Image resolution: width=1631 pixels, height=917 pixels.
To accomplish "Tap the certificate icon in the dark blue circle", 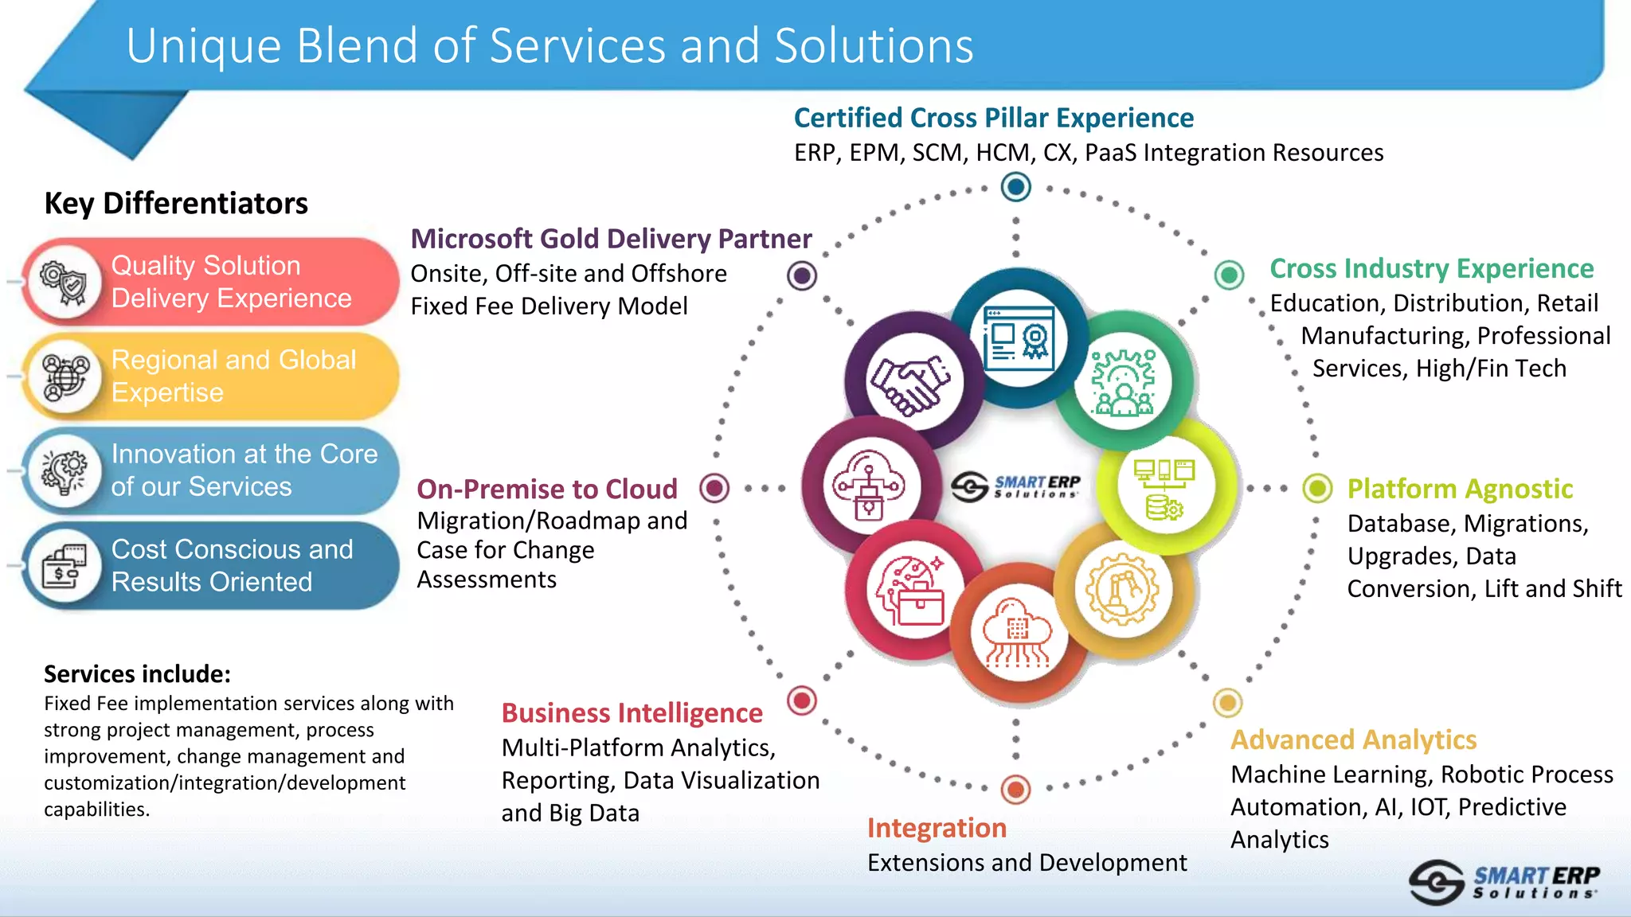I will tap(1019, 338).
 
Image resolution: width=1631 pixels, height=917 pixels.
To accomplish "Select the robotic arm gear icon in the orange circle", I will tap(1123, 590).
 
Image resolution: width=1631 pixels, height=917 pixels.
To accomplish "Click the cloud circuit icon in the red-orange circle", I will tap(1017, 634).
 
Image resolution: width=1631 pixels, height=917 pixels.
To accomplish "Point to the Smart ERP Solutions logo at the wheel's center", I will tap(1016, 486).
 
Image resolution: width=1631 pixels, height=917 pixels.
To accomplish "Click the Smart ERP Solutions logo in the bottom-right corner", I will tap(1504, 882).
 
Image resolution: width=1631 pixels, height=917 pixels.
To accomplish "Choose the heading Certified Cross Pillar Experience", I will tap(993, 118).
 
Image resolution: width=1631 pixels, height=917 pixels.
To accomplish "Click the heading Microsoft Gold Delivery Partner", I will tap(611, 239).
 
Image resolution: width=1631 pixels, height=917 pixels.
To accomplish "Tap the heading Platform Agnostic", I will tap(1459, 489).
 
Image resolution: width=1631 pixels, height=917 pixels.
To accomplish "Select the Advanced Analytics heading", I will tap(1353, 739).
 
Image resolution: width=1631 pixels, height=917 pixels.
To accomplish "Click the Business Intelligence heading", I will tap(632, 713).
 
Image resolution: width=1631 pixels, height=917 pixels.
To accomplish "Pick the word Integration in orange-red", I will tap(937, 828).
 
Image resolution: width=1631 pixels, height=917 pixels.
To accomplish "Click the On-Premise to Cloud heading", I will tap(547, 489).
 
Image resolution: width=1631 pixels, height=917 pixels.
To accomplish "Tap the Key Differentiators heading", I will tap(176, 204).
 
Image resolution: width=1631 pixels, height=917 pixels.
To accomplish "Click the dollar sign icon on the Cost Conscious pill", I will tap(64, 566).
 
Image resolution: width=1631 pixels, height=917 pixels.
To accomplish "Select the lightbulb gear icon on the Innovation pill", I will tap(64, 471).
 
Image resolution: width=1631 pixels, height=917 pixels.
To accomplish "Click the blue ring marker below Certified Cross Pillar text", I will tap(1015, 187).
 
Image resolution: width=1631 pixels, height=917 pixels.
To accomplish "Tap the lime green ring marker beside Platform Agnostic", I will tap(1317, 488).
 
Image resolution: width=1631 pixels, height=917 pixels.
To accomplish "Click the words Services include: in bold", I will tap(137, 674).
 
